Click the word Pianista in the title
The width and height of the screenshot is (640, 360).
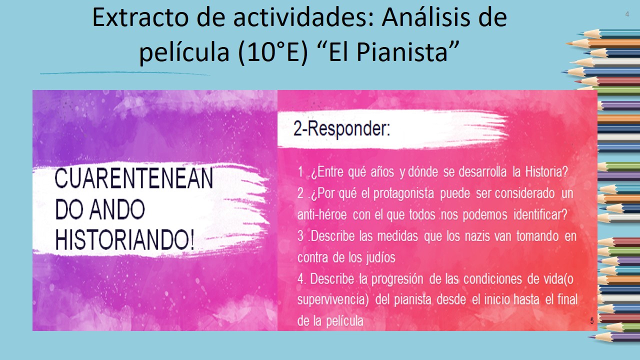click(401, 52)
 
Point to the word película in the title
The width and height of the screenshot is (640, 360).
click(184, 52)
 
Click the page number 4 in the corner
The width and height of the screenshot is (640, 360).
click(627, 14)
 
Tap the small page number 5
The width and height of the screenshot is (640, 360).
click(592, 321)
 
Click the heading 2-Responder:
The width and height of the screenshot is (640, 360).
click(341, 128)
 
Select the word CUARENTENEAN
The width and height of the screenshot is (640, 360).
click(133, 178)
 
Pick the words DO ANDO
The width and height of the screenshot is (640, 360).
click(100, 209)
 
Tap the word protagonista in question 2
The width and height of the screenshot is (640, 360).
click(403, 193)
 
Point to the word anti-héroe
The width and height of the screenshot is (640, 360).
click(322, 214)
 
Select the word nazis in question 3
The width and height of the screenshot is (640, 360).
click(477, 236)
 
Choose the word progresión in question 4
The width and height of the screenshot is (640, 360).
click(397, 279)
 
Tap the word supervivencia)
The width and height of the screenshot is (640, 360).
click(333, 299)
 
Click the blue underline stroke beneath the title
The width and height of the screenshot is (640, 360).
click(125, 73)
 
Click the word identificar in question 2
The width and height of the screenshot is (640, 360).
click(540, 214)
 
